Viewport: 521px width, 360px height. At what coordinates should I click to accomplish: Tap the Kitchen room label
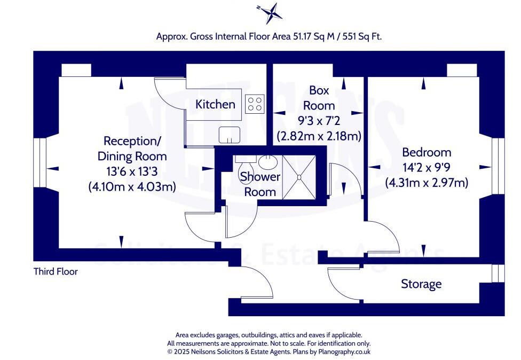(x=215, y=104)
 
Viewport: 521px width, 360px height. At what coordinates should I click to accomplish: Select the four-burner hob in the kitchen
(x=255, y=104)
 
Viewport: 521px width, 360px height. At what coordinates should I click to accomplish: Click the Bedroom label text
(x=427, y=152)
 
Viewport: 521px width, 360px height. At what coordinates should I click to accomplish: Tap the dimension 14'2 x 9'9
(x=427, y=167)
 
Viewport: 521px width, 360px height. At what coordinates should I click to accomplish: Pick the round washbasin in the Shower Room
(x=265, y=161)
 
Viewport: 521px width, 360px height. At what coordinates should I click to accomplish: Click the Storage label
(x=421, y=284)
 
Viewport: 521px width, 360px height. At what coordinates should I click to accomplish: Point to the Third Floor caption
(x=56, y=272)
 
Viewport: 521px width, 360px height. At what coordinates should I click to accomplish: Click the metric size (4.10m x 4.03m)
(x=132, y=187)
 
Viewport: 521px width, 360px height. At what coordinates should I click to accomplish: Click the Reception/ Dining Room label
(x=132, y=149)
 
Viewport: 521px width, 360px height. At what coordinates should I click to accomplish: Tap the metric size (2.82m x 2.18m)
(x=319, y=136)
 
